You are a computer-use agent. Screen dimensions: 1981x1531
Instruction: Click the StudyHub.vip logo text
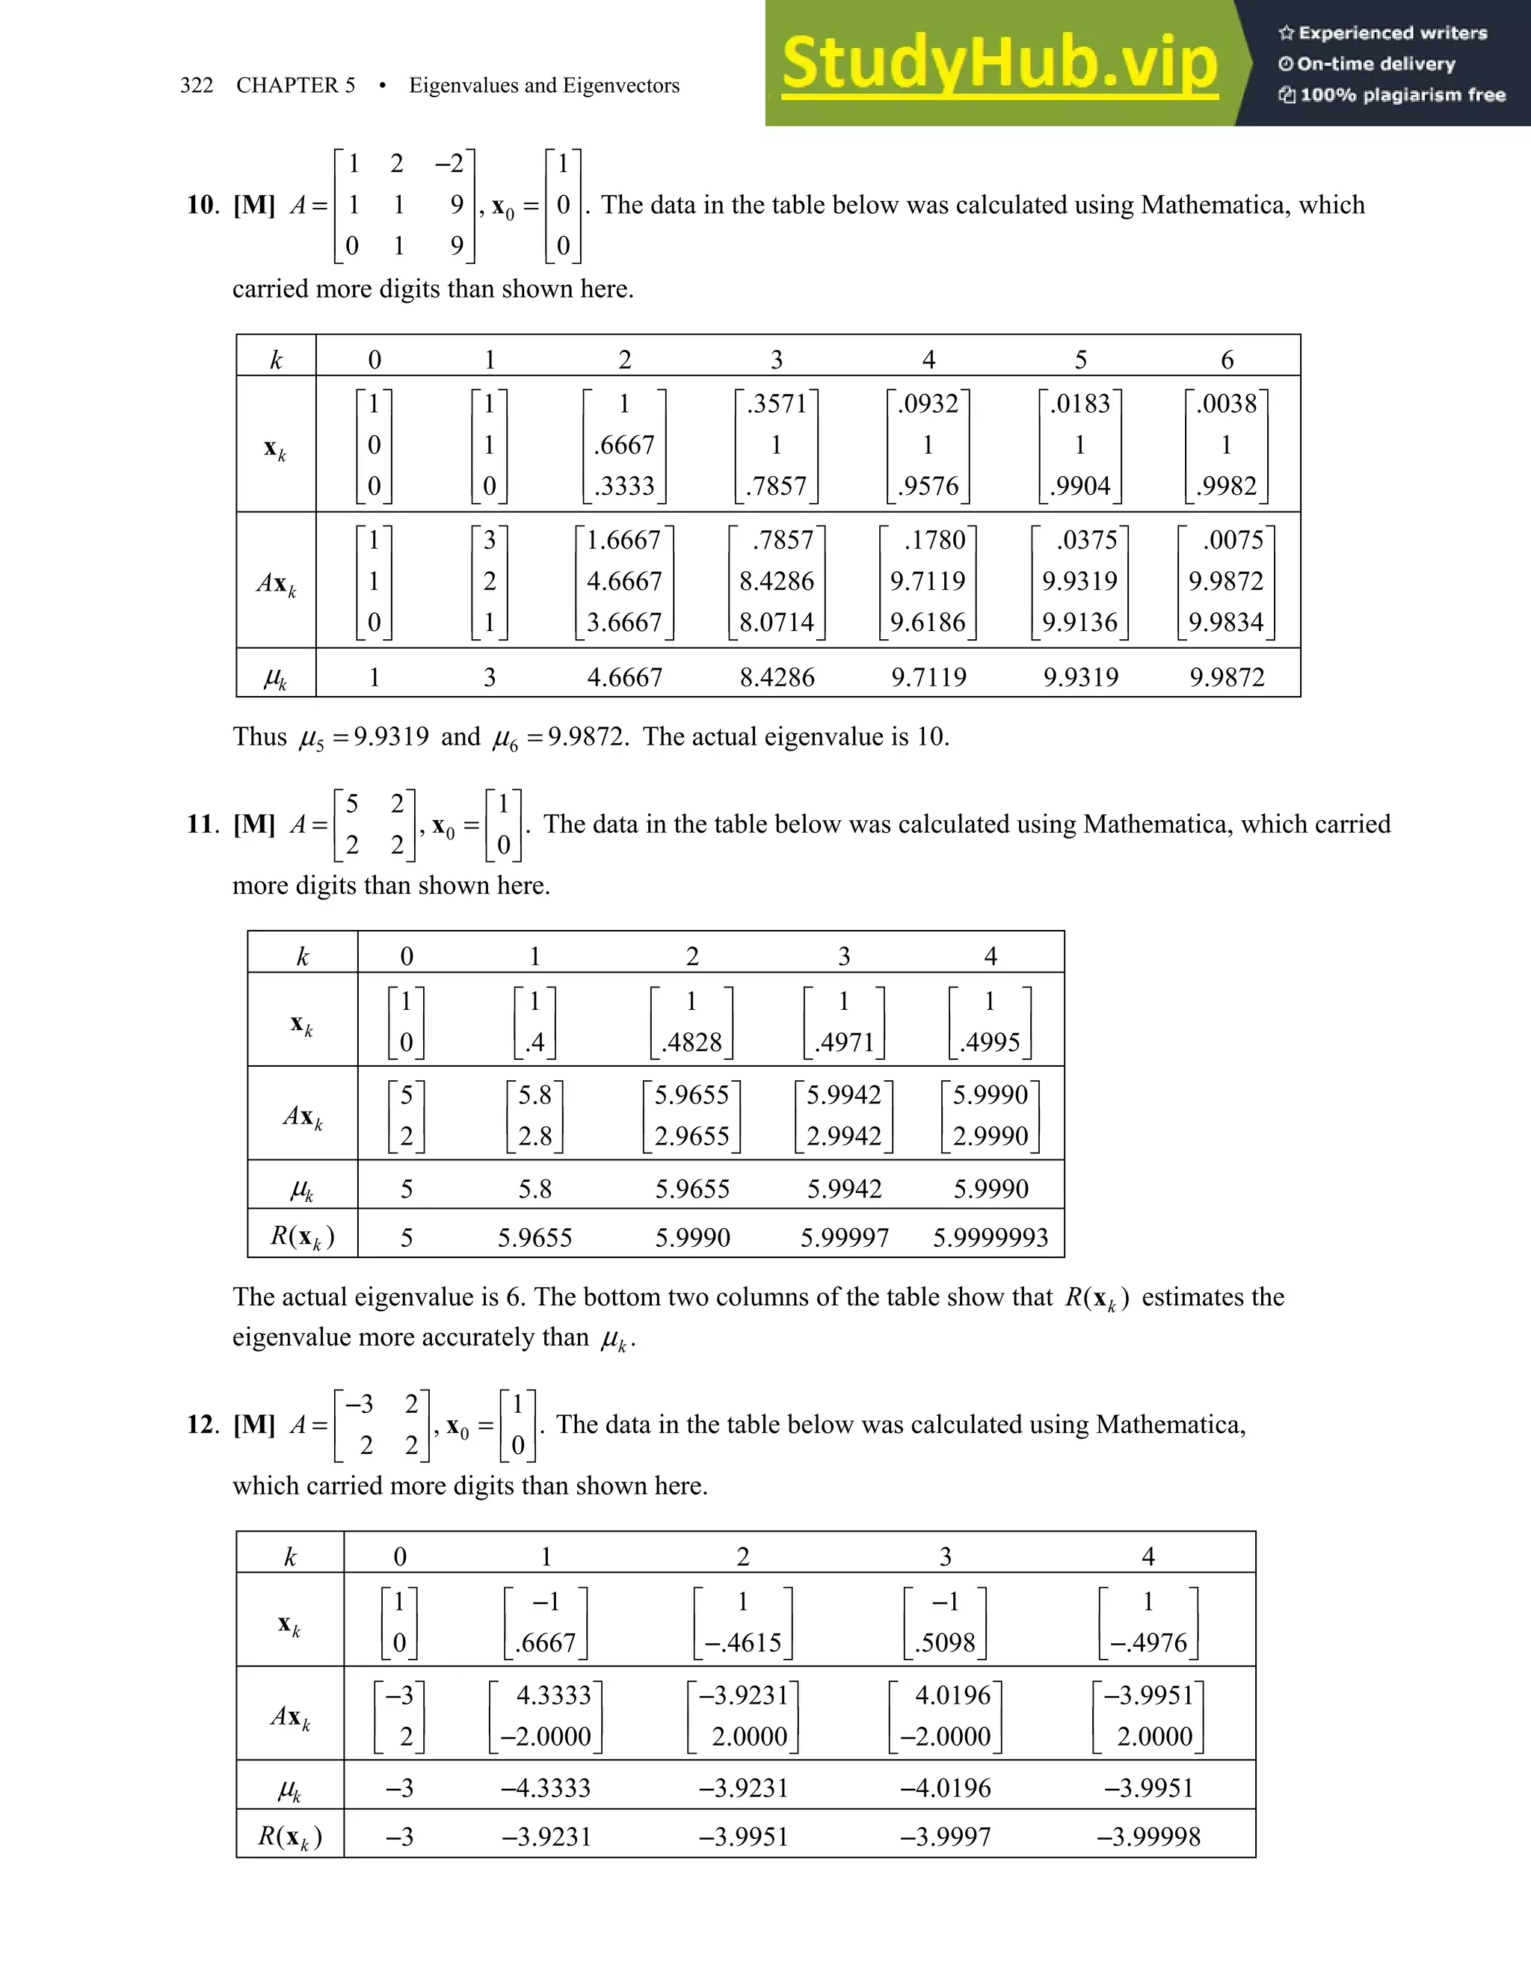pyautogui.click(x=999, y=64)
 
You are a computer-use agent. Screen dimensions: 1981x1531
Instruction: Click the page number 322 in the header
pyautogui.click(x=197, y=85)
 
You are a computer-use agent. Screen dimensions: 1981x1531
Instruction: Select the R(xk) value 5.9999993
pyautogui.click(x=991, y=1237)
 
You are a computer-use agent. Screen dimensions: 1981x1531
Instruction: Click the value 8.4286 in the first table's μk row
pyautogui.click(x=777, y=677)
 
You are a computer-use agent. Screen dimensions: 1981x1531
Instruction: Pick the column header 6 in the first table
pyautogui.click(x=1226, y=360)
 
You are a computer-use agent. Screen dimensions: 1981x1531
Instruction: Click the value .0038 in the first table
pyautogui.click(x=1226, y=403)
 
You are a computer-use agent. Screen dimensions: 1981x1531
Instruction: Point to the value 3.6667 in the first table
pyautogui.click(x=624, y=622)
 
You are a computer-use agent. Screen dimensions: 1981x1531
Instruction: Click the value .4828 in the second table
pyautogui.click(x=691, y=1042)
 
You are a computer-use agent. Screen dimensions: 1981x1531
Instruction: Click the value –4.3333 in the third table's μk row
pyautogui.click(x=546, y=1788)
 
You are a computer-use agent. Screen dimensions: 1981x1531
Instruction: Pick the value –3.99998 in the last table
pyautogui.click(x=1148, y=1837)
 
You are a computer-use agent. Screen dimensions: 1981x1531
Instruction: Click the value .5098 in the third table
pyautogui.click(x=945, y=1642)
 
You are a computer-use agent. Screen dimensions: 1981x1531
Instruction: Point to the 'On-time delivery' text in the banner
pyautogui.click(x=1375, y=64)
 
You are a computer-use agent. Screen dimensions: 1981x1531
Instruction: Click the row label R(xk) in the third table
pyautogui.click(x=290, y=1837)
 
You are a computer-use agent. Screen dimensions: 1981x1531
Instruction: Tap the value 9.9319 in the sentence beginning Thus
pyautogui.click(x=391, y=736)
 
